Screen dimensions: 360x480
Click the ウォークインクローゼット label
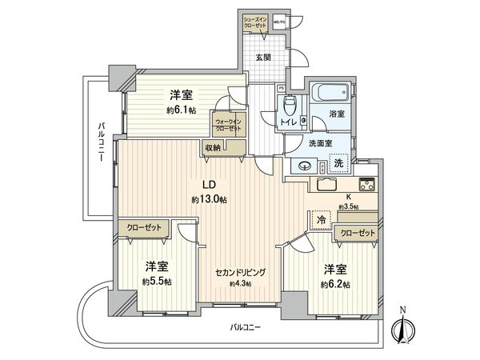[x=228, y=126]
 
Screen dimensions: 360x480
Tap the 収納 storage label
[x=212, y=146]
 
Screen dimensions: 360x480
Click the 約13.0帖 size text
[x=209, y=199]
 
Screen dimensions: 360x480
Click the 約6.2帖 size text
[x=336, y=284]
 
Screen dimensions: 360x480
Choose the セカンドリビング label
[x=241, y=271]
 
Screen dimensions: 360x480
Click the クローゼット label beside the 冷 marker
[x=356, y=233]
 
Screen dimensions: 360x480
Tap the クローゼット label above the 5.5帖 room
[x=144, y=228]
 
